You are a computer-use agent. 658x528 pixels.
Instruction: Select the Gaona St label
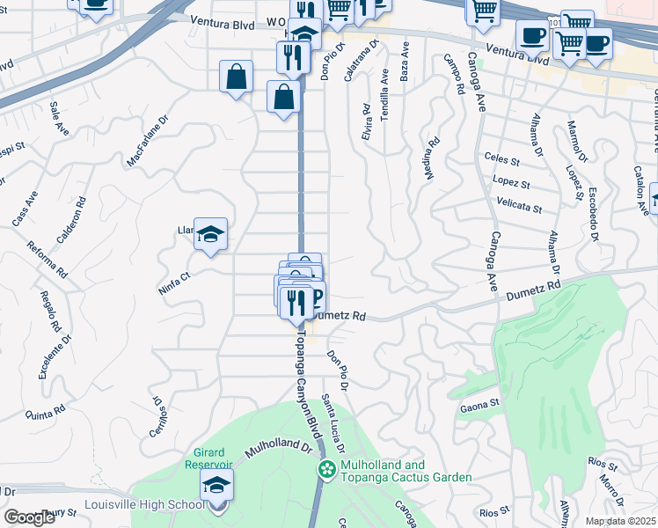click(479, 407)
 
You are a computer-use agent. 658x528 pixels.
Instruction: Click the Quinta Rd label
click(46, 412)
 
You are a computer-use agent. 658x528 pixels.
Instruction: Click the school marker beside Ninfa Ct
click(210, 234)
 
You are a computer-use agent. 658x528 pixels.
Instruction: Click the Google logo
click(29, 517)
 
